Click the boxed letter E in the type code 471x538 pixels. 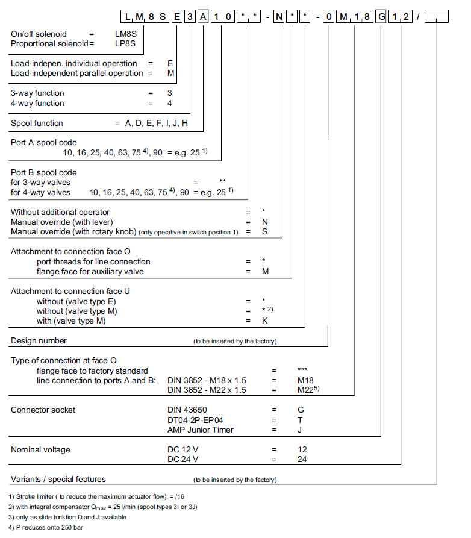pos(177,17)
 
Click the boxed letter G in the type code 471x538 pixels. pos(381,17)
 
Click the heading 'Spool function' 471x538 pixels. pos(37,123)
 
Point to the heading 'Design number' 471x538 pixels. pos(39,340)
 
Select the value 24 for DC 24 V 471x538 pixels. pos(302,459)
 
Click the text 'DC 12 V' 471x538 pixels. pos(182,449)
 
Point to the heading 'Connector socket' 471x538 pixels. pos(43,410)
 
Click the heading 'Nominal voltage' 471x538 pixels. pos(41,449)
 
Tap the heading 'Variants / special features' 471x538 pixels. pos(58,479)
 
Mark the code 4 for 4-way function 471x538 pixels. pos(169,103)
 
